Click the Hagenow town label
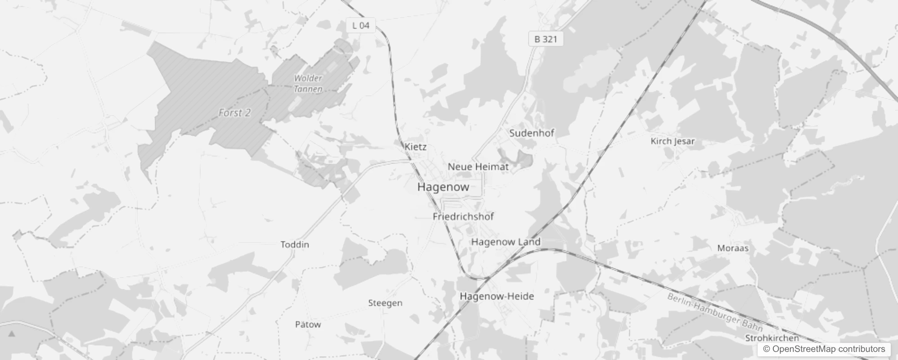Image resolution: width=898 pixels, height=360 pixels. [x=443, y=187]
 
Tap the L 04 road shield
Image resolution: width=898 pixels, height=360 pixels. [x=361, y=25]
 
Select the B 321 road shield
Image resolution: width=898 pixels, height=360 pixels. [x=545, y=39]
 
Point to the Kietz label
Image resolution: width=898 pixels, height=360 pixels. [x=415, y=147]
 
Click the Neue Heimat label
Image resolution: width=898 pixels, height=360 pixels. [x=478, y=166]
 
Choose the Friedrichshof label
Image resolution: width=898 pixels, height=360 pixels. [x=463, y=216]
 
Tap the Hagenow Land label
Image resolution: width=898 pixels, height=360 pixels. [x=506, y=242]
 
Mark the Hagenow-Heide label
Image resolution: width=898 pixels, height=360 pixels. [x=497, y=296]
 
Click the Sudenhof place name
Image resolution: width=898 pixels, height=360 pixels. [x=531, y=133]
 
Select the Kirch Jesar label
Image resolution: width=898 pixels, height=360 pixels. [x=673, y=141]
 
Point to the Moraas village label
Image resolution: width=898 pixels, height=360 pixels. [x=732, y=248]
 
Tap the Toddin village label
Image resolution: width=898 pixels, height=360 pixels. [x=295, y=244]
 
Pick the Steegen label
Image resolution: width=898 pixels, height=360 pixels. [x=385, y=303]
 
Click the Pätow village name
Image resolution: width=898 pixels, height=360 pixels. [x=308, y=324]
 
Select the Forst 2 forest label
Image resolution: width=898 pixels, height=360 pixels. [x=234, y=113]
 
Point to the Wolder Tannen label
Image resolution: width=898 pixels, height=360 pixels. [x=308, y=83]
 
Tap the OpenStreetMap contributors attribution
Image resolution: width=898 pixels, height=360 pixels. [x=824, y=349]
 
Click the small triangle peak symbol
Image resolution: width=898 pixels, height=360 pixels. [x=12, y=334]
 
